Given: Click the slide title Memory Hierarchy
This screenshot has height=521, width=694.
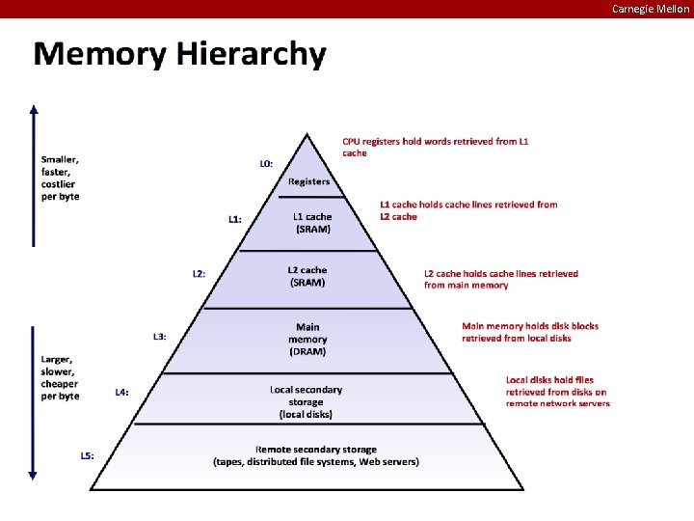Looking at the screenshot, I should click(179, 53).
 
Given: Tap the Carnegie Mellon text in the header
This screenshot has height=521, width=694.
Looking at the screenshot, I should click(651, 9).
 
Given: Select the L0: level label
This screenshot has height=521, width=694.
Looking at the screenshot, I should click(266, 164).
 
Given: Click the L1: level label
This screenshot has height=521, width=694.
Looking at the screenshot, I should click(234, 219).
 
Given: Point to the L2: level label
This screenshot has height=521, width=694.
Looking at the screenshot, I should click(199, 273).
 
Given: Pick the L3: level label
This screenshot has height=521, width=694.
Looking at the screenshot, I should click(160, 336).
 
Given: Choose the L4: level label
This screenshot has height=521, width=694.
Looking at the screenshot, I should click(122, 392).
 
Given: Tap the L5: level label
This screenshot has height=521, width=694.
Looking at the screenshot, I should click(87, 454).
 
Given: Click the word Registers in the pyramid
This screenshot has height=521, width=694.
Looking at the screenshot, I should click(308, 181).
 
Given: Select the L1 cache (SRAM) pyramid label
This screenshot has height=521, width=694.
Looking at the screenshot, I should click(312, 223).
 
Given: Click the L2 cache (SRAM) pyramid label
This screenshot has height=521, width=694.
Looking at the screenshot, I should click(307, 276).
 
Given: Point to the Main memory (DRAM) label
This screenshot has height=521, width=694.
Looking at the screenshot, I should click(307, 340).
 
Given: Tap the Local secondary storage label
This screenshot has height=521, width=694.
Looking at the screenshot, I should click(306, 401).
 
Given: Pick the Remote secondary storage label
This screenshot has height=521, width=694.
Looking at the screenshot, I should click(316, 455).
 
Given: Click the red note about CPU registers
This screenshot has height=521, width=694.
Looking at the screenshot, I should click(436, 147).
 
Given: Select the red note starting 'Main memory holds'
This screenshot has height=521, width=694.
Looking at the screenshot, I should click(530, 332).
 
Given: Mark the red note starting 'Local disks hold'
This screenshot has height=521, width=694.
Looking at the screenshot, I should click(557, 392).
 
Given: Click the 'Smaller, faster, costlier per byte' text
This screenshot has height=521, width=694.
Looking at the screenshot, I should click(60, 178).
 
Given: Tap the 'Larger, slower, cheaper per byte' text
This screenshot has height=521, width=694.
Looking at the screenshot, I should click(60, 377).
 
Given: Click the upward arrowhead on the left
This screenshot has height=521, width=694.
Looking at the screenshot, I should click(34, 110).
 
